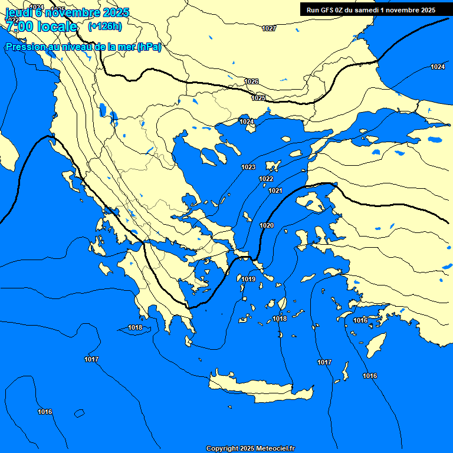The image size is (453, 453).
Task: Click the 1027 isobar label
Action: tap(269, 28)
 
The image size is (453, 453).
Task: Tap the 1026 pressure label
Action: tap(251, 81)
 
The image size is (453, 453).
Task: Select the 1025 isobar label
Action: tap(258, 98)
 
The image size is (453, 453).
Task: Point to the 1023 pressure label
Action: tap(248, 167)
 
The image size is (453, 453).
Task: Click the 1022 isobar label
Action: tap(266, 179)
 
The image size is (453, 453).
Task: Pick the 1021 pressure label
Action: tap(275, 191)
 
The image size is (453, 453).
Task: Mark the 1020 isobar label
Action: tap(267, 225)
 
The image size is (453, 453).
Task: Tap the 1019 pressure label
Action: tap(248, 279)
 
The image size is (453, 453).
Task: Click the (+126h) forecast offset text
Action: tap(105, 26)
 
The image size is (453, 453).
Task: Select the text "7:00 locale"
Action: tap(41, 27)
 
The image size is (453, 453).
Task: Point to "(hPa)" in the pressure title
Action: tap(149, 47)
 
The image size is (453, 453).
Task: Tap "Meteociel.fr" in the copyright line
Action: tap(275, 449)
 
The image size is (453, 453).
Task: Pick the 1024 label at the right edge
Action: tap(437, 67)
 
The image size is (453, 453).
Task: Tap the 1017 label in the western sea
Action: tap(91, 359)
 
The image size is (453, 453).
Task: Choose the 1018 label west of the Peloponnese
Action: tap(135, 327)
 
